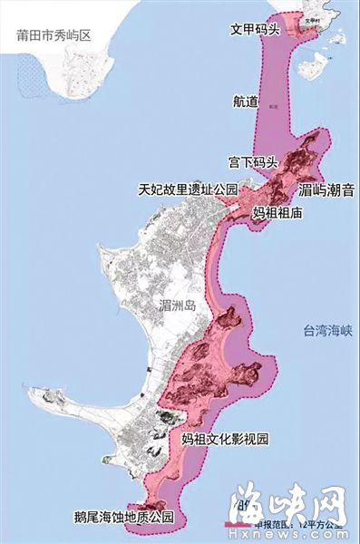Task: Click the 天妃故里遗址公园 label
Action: pyautogui.click(x=188, y=190)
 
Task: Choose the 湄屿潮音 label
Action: pyautogui.click(x=326, y=191)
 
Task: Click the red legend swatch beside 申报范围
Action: pyautogui.click(x=238, y=525)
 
